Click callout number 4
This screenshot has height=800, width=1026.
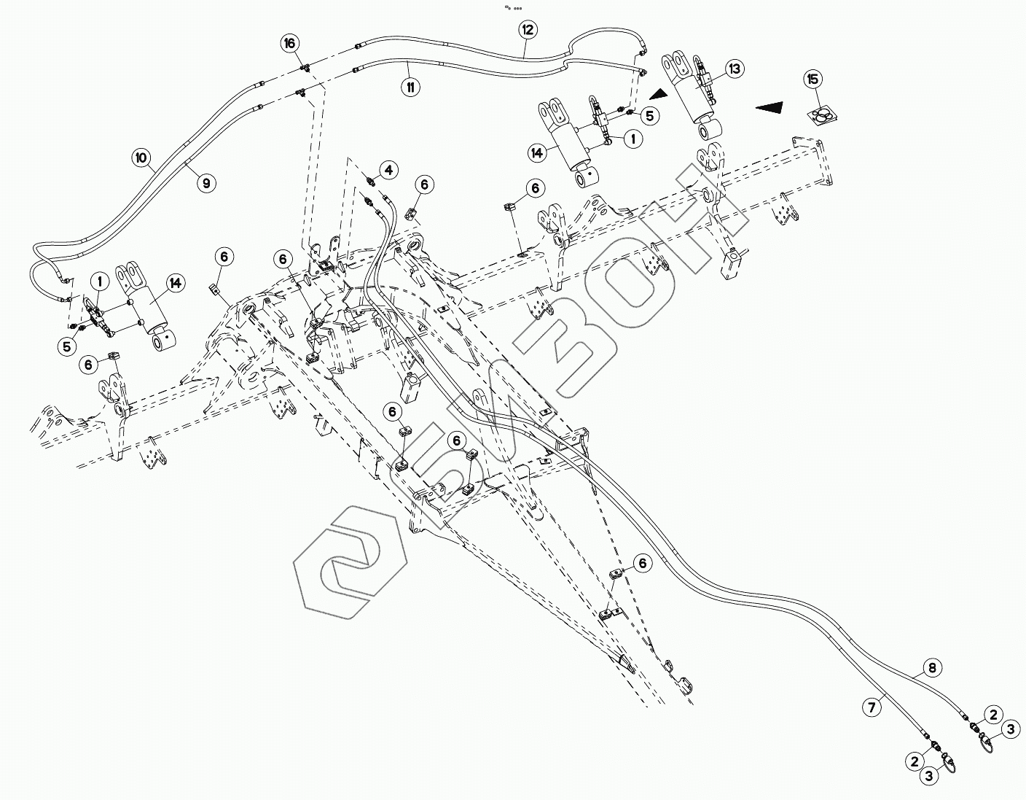(x=388, y=170)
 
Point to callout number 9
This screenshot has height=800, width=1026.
(x=206, y=183)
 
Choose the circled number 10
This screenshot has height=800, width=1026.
(x=141, y=156)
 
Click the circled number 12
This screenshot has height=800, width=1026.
(x=528, y=30)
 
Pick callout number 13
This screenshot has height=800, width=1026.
(x=734, y=69)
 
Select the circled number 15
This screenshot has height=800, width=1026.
(x=813, y=79)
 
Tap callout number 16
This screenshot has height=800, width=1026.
(x=290, y=44)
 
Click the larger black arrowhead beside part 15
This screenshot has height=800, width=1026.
(x=772, y=107)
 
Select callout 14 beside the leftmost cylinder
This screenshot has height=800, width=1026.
(x=174, y=284)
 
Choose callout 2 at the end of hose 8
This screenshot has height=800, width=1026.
(x=992, y=714)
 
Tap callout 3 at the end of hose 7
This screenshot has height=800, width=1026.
(x=928, y=777)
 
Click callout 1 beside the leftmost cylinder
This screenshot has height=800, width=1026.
(x=99, y=281)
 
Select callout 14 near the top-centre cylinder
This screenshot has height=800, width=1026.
(x=537, y=153)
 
